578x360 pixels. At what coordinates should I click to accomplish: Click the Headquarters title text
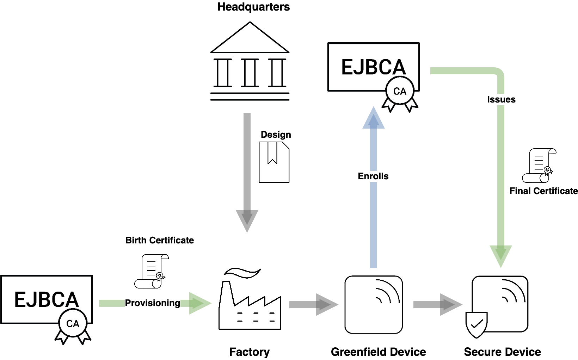[x=253, y=7]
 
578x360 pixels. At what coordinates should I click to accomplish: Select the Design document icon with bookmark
[x=274, y=162]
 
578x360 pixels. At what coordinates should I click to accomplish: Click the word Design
[x=276, y=135]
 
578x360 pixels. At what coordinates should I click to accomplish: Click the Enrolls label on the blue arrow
[x=373, y=176]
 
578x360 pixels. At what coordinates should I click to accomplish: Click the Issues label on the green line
[x=501, y=99]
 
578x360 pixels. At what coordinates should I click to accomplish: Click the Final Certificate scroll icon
[x=539, y=166]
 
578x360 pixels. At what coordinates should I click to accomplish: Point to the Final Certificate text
[x=543, y=191]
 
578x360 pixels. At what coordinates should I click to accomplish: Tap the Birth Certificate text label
[x=160, y=240]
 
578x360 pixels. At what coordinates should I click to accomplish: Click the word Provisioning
[x=152, y=303]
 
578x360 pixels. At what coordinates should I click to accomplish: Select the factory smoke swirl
[x=242, y=272]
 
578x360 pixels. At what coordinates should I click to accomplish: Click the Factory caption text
[x=249, y=352]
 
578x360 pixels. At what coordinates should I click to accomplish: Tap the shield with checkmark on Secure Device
[x=476, y=324]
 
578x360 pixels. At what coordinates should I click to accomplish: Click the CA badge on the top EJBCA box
[x=400, y=92]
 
